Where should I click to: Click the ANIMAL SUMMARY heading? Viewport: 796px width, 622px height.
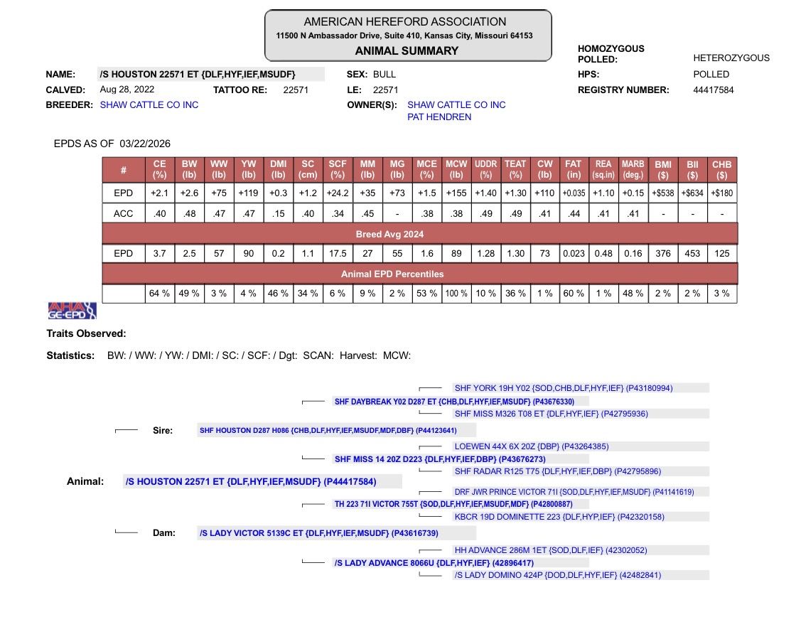(x=407, y=50)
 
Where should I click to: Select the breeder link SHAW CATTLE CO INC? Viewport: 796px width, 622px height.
(x=149, y=104)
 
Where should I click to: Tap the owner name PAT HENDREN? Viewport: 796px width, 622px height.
(x=439, y=117)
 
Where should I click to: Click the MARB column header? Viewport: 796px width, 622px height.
(x=633, y=169)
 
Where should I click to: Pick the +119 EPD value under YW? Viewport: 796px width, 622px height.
(x=249, y=193)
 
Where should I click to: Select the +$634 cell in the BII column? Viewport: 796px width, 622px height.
(x=692, y=193)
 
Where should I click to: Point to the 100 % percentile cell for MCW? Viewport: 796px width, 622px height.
(x=456, y=294)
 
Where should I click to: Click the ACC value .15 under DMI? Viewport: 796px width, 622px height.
(x=279, y=213)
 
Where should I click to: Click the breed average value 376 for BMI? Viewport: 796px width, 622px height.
(x=662, y=253)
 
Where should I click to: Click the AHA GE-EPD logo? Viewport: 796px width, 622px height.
(x=71, y=311)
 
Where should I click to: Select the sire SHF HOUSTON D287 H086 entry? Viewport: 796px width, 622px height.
(x=328, y=430)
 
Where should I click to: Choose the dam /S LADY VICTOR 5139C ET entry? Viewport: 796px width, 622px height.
(x=318, y=533)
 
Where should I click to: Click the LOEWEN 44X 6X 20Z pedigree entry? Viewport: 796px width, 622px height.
(x=531, y=446)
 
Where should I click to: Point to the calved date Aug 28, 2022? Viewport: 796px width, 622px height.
(x=127, y=90)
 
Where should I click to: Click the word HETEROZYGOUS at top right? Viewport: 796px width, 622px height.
(x=731, y=58)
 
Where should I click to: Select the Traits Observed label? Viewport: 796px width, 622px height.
(x=86, y=333)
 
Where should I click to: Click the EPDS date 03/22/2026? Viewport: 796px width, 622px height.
(x=145, y=144)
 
